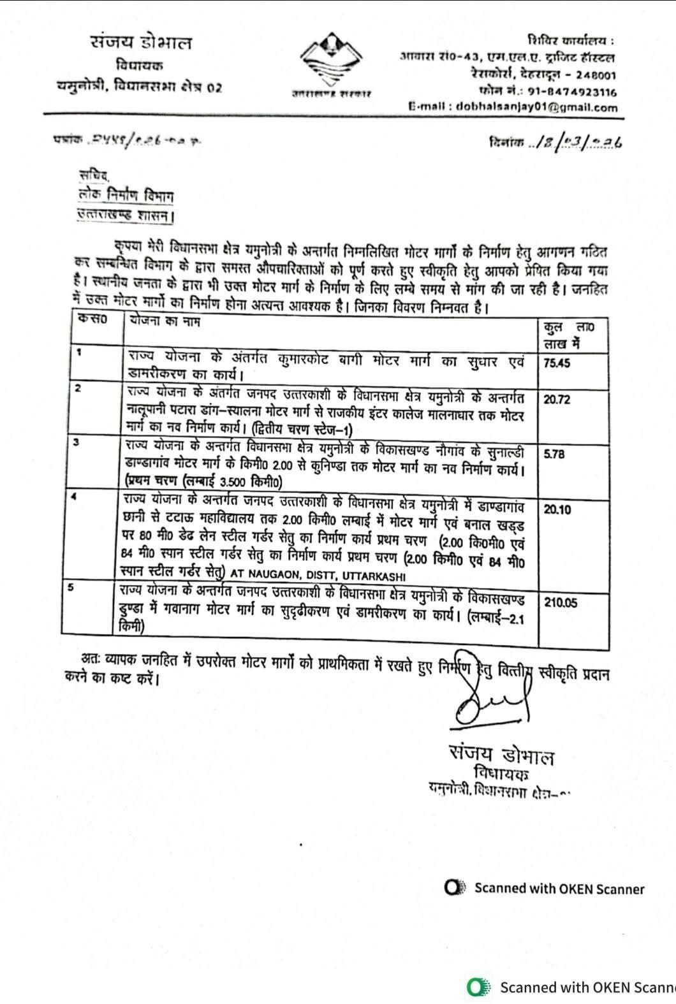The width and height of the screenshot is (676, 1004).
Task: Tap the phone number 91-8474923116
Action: (574, 92)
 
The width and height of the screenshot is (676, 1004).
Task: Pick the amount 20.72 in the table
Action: (556, 400)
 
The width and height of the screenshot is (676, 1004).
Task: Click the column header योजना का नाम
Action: (165, 322)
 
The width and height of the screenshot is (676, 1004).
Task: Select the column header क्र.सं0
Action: (91, 321)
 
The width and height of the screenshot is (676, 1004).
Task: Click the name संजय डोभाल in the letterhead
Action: (140, 43)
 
